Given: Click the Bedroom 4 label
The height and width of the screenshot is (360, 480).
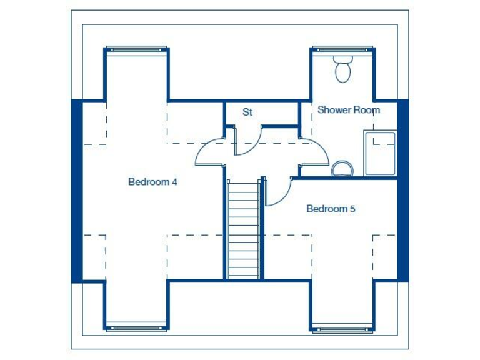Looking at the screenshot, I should pyautogui.click(x=153, y=182).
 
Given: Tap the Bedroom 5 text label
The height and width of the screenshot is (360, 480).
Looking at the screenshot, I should pyautogui.click(x=331, y=209).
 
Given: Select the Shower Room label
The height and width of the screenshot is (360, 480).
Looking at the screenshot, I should pyautogui.click(x=349, y=110).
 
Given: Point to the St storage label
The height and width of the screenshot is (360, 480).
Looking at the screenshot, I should pyautogui.click(x=247, y=112).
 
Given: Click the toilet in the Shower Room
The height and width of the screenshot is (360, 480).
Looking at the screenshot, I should pyautogui.click(x=342, y=69).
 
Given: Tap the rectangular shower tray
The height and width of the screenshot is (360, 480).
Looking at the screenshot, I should pyautogui.click(x=380, y=153).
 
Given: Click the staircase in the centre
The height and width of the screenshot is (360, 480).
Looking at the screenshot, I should pyautogui.click(x=242, y=229).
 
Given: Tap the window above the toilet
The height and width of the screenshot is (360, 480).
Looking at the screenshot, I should pyautogui.click(x=342, y=48).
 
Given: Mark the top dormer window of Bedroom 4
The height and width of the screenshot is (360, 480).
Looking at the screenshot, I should pyautogui.click(x=136, y=48).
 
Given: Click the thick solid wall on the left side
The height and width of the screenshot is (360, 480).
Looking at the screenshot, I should pyautogui.click(x=77, y=191).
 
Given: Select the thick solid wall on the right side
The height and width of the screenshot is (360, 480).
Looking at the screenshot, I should pyautogui.click(x=403, y=191).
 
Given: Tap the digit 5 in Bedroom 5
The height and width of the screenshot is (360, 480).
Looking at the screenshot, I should pyautogui.click(x=352, y=209).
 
